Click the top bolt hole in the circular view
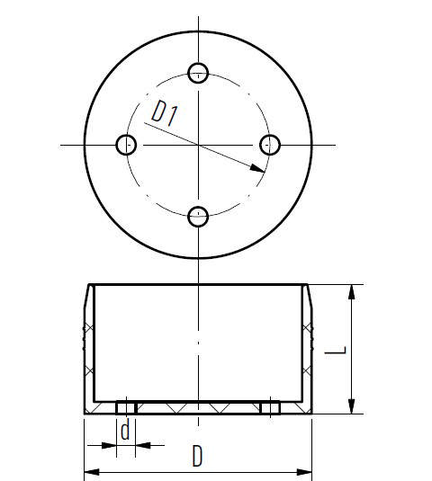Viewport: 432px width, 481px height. click(199, 72)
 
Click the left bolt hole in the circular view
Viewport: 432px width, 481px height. click(127, 144)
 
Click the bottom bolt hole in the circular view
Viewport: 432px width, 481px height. click(199, 216)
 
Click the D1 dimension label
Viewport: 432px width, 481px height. click(164, 114)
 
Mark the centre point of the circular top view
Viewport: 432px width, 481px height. click(199, 144)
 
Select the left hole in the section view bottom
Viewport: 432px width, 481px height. click(126, 407)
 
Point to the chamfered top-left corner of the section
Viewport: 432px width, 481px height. click(89, 288)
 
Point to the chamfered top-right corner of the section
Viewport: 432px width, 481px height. click(306, 288)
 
